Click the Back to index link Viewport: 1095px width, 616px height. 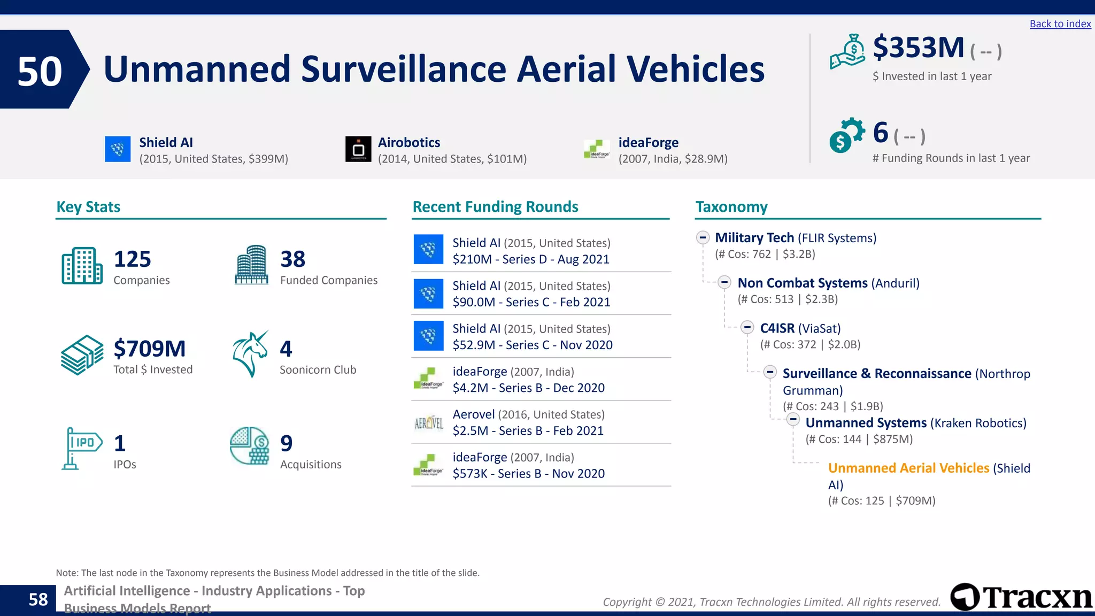pos(1060,24)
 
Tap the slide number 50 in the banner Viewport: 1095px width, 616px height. pos(40,71)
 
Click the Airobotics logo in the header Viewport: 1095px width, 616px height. pos(358,149)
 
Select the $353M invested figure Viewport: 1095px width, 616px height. pos(918,48)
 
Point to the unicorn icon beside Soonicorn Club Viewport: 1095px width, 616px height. pos(250,353)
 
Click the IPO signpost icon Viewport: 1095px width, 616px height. pos(81,448)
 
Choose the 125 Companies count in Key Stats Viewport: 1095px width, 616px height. pos(133,259)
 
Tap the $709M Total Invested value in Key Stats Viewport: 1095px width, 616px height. pos(150,349)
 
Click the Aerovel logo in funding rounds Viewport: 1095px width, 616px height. pos(428,423)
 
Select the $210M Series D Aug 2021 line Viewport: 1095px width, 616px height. pos(531,259)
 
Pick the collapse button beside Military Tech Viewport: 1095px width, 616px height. pos(703,238)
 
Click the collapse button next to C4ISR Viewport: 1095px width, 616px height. pos(747,328)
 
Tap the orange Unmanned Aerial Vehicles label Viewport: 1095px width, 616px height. pos(908,468)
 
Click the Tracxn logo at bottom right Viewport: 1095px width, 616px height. pos(1021,597)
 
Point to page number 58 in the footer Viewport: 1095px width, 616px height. pos(38,599)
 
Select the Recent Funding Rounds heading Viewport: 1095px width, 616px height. pos(495,207)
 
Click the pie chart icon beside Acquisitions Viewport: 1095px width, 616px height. pos(249,445)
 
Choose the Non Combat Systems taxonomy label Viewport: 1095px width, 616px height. pos(802,283)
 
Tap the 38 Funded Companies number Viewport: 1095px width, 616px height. pos(293,259)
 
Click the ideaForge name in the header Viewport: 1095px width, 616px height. pos(648,143)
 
